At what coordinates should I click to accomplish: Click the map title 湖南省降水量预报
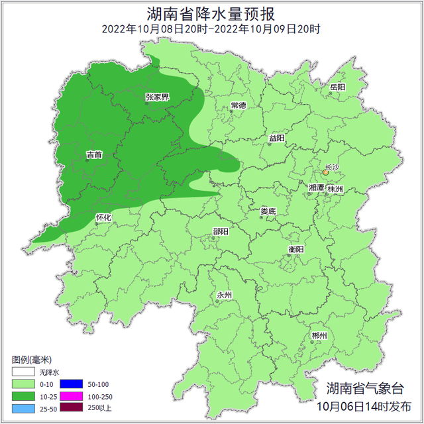tap(211, 13)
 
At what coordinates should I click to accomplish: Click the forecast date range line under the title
tap(211, 29)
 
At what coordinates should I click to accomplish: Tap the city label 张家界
tap(157, 97)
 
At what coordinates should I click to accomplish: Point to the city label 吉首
tap(94, 155)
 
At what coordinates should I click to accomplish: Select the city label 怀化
tap(103, 217)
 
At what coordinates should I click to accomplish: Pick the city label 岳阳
tap(337, 87)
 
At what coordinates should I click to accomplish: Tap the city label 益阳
tap(276, 138)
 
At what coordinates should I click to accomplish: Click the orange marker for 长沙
tap(325, 172)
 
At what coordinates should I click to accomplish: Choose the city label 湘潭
tap(316, 189)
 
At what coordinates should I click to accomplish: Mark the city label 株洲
tap(335, 189)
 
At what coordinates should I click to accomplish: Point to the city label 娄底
tap(268, 211)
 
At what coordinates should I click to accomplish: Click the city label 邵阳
tap(221, 231)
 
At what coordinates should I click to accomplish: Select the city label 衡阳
tap(295, 249)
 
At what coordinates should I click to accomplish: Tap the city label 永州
tap(225, 295)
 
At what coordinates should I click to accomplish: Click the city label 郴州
tap(319, 336)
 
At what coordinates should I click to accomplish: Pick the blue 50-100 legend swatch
tap(71, 384)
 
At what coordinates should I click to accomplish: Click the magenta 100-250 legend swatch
tap(71, 396)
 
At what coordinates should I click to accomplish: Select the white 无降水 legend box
tap(23, 372)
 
